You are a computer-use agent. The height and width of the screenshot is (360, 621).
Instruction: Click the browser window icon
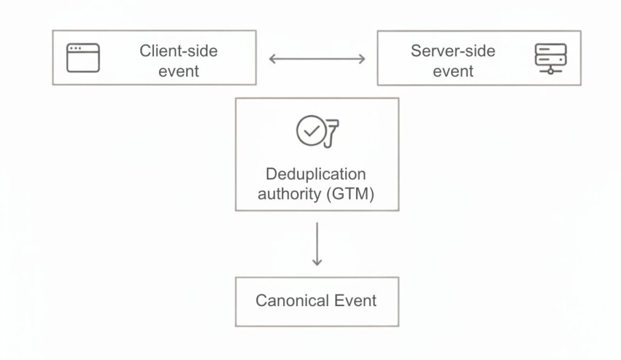[x=83, y=58]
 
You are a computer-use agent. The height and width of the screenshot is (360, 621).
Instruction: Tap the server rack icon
[x=550, y=59]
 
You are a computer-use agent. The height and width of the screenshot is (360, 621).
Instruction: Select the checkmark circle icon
[x=311, y=132]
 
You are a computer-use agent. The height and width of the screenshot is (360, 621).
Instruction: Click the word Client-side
[x=178, y=50]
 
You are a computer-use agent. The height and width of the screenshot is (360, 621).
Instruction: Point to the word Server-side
[x=452, y=50]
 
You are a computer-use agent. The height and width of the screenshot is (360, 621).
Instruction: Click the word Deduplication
[x=316, y=175]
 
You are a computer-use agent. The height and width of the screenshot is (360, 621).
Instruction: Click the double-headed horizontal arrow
[x=317, y=59]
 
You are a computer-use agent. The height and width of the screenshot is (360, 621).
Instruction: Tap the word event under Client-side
[x=178, y=71]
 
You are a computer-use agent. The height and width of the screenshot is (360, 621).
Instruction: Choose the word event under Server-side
[x=452, y=71]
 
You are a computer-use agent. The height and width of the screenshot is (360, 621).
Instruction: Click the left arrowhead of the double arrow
[x=272, y=59]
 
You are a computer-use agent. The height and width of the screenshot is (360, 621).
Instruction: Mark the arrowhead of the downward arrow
[x=317, y=262]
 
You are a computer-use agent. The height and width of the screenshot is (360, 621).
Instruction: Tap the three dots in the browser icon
[x=76, y=48]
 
